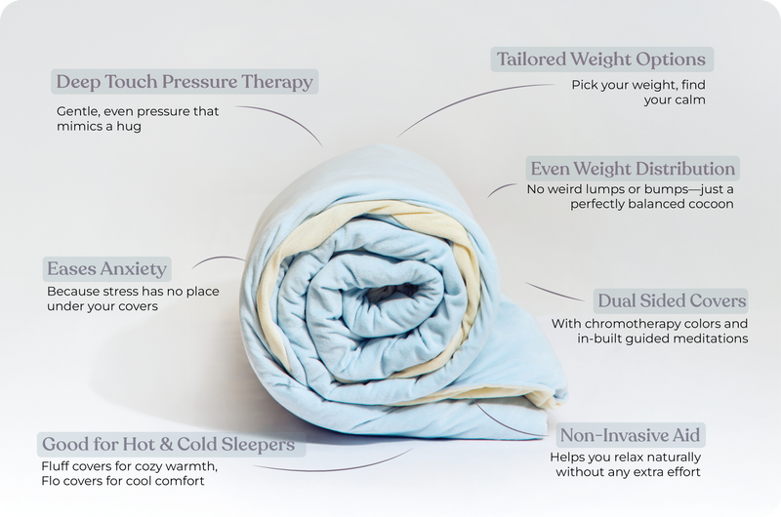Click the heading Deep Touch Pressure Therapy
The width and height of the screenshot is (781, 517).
tap(185, 82)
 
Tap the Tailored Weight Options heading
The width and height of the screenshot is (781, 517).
tap(601, 59)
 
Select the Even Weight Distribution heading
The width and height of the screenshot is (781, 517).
tap(632, 168)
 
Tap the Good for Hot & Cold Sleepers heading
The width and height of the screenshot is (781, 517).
tap(167, 445)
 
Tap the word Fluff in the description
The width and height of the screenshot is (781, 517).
tap(59, 464)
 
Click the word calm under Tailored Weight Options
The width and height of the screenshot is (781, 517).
tap(687, 99)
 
